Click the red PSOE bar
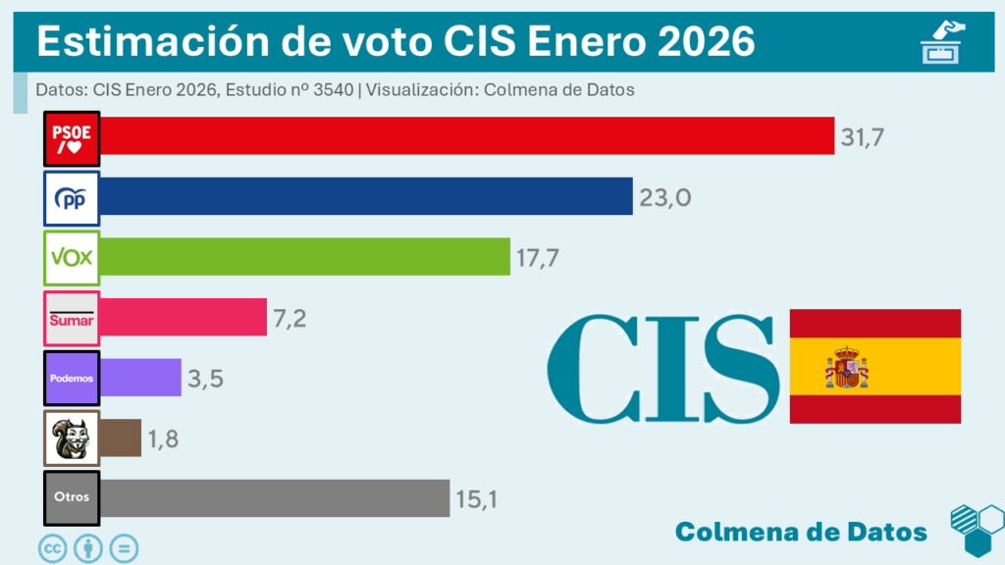[466, 135]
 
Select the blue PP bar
[365, 196]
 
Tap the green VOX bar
[304, 257]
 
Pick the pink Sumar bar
[183, 317]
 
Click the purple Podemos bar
[140, 378]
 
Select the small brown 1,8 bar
[121, 437]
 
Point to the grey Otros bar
[275, 497]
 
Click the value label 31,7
[863, 137]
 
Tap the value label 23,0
[665, 197]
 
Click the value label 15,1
[477, 499]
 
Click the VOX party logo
[72, 258]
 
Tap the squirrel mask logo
[72, 437]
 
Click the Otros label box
[72, 497]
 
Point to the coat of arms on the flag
[847, 367]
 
